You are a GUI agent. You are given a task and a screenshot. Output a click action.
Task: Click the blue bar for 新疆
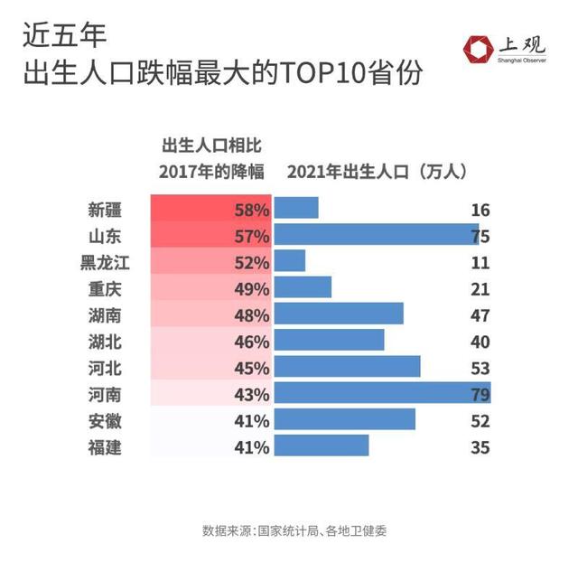(296, 209)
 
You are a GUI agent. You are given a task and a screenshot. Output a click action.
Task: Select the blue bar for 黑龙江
(290, 262)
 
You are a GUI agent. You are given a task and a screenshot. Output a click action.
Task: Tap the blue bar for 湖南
(339, 314)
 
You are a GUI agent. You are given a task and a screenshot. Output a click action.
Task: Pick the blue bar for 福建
(322, 446)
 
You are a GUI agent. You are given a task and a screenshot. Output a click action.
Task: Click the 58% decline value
(251, 210)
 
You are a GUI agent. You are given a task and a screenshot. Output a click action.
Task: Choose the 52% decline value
(251, 263)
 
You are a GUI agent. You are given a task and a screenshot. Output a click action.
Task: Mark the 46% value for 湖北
(251, 342)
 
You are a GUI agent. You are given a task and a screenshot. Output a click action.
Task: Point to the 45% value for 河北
(251, 368)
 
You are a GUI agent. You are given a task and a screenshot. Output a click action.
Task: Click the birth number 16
(480, 210)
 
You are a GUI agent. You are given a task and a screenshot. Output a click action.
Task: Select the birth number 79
(480, 394)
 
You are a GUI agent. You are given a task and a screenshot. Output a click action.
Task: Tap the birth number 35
(480, 446)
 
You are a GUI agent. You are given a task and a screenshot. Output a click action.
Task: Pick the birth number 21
(480, 289)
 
